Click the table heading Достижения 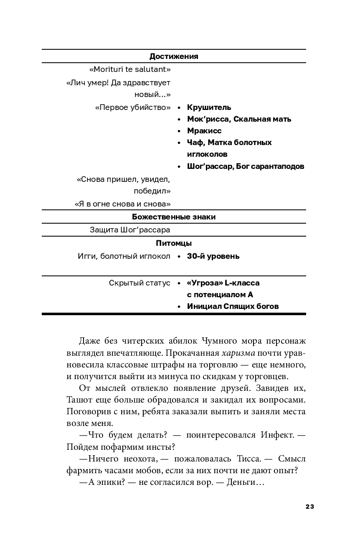[174, 56]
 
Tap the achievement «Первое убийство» [133, 107]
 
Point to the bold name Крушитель [209, 107]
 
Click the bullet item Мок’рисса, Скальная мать [239, 119]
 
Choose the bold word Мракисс [204, 131]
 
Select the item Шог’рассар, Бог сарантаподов [246, 166]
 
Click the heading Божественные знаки [174, 217]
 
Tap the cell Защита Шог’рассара [130, 230]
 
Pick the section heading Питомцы [174, 243]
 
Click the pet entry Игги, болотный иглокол [124, 256]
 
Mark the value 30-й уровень [213, 256]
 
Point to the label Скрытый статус [139, 283]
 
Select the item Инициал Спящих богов [233, 306]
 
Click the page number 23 [309, 507]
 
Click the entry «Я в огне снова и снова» [122, 204]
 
